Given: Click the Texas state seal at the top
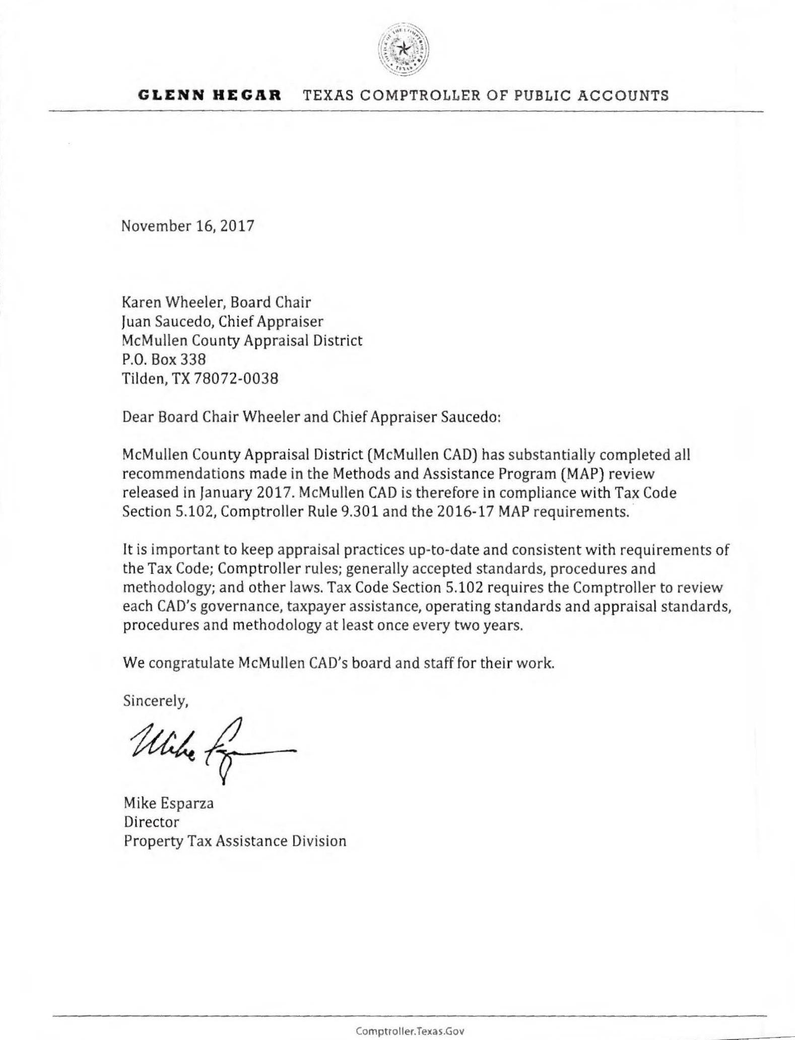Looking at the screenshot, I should [x=403, y=49].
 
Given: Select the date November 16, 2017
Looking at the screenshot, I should [x=188, y=225].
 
